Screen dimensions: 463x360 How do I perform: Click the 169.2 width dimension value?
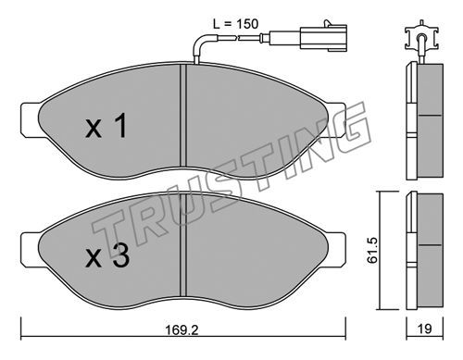coord(181,330)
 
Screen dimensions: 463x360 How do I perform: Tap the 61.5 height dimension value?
coord(372,250)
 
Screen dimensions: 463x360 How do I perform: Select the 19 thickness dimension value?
coord(425,329)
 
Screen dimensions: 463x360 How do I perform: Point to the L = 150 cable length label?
coord(235,24)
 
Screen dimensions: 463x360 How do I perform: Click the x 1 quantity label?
coord(106,126)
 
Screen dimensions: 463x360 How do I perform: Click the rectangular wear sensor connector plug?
coord(323,38)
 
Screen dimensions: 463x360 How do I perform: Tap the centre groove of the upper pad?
coord(183,116)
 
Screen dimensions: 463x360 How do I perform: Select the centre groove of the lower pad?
coord(183,245)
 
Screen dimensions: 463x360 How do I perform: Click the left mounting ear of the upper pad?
coord(31,119)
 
